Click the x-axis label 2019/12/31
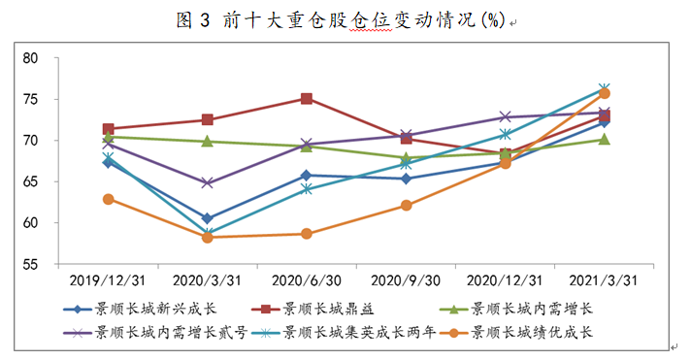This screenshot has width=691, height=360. pos(108,279)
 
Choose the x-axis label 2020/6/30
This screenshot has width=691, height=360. pos(306,279)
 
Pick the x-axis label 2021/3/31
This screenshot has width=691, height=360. pos(604,279)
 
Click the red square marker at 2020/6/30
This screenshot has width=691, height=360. pos(307,99)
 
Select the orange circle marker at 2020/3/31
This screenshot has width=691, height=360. pos(207,237)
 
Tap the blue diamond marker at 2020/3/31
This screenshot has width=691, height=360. pos(207,219)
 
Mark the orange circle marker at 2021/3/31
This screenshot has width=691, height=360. pos(604,93)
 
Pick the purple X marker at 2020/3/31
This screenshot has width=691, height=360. pos(207,183)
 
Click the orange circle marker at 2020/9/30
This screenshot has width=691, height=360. pos(406,206)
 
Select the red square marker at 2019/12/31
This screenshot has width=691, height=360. pos(108,129)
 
